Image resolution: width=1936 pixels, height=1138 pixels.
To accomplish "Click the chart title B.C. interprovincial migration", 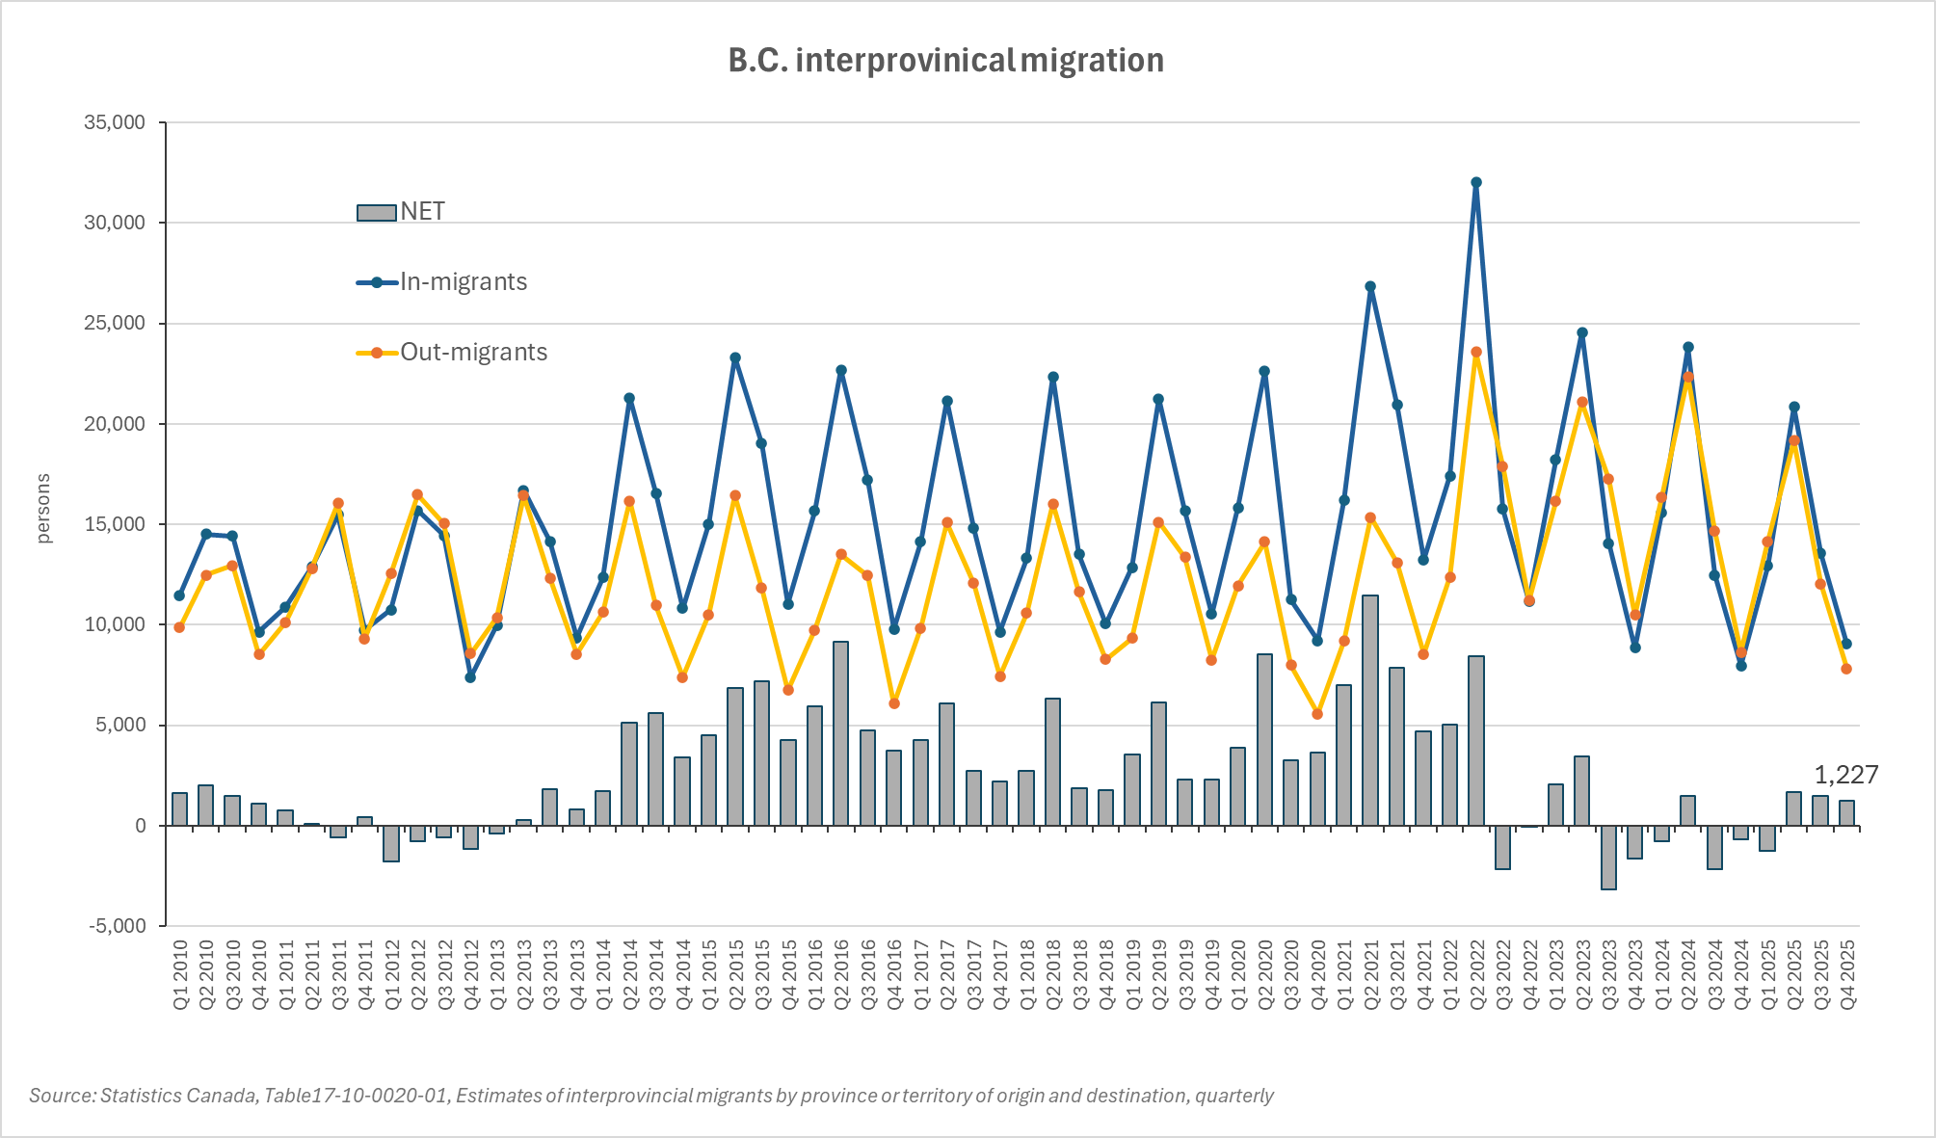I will click(x=945, y=61).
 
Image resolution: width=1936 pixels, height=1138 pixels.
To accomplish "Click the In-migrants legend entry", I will click(x=443, y=282).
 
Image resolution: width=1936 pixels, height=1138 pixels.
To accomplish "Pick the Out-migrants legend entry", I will click(x=453, y=353).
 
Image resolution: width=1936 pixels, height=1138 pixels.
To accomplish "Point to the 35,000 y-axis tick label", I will click(x=115, y=122).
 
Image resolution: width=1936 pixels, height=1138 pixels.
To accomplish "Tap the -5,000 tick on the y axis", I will click(x=117, y=926).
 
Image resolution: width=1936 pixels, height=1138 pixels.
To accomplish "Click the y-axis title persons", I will click(x=43, y=509).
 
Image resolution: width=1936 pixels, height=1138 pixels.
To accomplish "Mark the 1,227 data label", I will click(x=1845, y=775).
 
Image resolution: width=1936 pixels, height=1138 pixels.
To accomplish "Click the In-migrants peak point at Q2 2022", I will click(x=1476, y=182).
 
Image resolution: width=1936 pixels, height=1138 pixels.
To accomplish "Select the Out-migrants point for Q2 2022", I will click(x=1476, y=353).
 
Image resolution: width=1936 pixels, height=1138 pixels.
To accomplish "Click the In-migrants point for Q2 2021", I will click(x=1370, y=286).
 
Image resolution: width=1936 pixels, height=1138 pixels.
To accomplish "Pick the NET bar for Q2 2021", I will click(x=1370, y=711).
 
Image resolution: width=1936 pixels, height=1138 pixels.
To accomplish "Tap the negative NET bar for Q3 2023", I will click(x=1608, y=858).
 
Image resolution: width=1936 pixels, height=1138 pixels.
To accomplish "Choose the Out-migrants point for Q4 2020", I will click(x=1317, y=714).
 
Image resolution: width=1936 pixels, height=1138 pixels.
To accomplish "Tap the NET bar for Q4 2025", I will click(x=1846, y=813).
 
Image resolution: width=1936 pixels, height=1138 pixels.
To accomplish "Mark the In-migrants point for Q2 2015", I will click(x=735, y=357).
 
